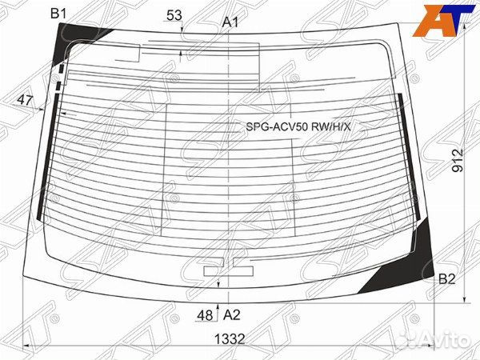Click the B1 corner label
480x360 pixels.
pos(59,12)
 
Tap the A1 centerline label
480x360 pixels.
pos(231,22)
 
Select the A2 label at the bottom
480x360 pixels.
pos(231,314)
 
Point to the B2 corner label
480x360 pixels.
pos(446,279)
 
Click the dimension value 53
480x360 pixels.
pos(174,15)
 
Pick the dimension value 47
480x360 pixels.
pos(25,100)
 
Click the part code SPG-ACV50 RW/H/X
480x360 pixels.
pos(298,126)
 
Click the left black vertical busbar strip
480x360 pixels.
pos(45,160)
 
